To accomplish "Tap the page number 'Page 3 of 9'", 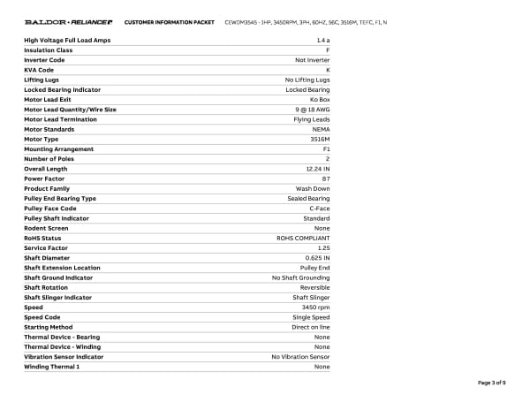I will point(492,382).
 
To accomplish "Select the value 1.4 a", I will point(322,41).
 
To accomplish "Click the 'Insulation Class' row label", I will point(49,50).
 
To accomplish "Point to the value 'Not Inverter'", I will point(312,60).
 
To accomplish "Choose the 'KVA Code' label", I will point(39,70).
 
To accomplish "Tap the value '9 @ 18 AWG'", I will point(310,110).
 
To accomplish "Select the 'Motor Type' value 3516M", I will point(320,140).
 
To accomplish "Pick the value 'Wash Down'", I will point(313,189).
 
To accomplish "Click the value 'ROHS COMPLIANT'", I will point(304,239).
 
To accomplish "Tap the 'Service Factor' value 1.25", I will point(323,248).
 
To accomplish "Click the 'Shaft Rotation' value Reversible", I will point(314,287).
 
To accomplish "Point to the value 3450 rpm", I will point(315,307).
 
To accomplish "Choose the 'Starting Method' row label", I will point(48,327).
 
